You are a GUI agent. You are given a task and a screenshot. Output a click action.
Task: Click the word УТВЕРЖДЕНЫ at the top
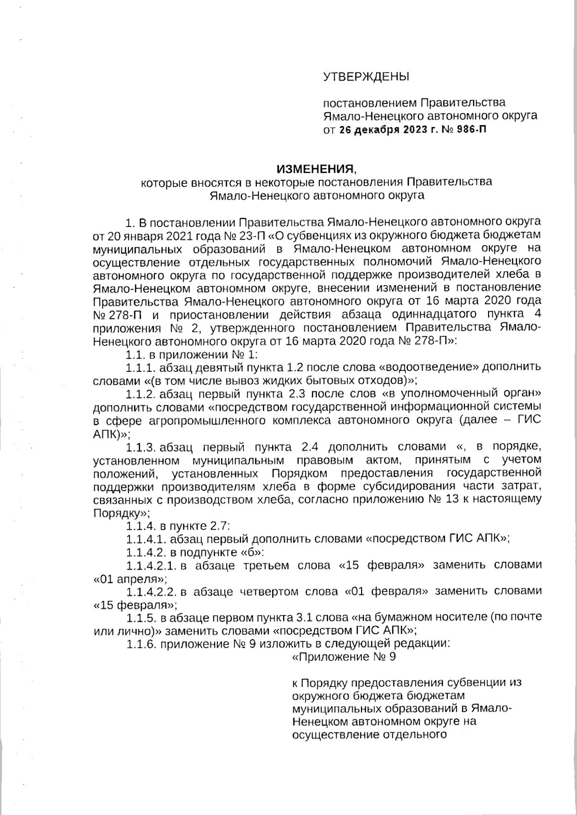pyautogui.click(x=365, y=76)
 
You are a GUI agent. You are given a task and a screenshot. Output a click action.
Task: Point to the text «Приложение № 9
pyautogui.click(x=344, y=657)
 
